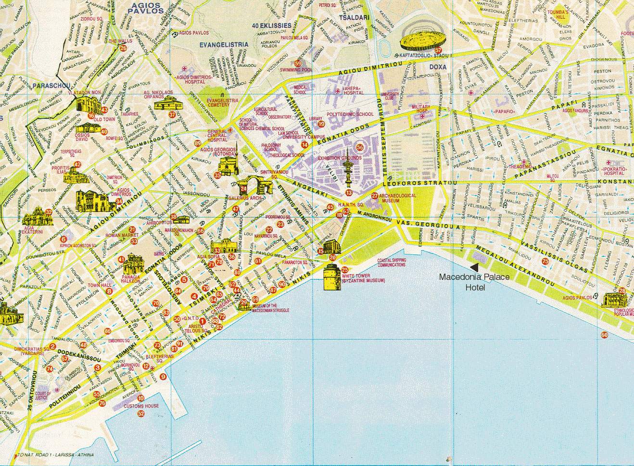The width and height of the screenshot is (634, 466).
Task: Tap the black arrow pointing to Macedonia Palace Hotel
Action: (x=475, y=266)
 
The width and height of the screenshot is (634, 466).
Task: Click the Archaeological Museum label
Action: (x=393, y=198)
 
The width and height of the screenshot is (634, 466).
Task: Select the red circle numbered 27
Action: (x=375, y=196)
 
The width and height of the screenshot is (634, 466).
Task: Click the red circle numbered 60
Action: (x=604, y=335)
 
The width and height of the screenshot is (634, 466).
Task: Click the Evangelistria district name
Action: (x=224, y=45)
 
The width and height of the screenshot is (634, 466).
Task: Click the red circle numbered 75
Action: (x=545, y=261)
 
